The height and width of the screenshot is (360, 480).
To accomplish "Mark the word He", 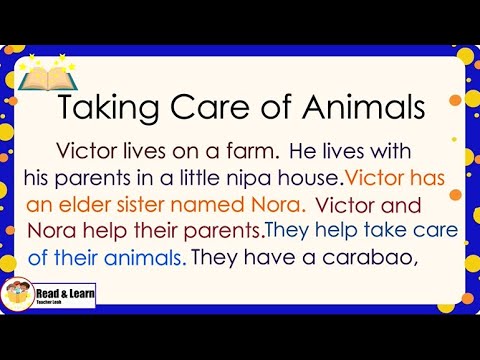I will pos(301,152).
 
